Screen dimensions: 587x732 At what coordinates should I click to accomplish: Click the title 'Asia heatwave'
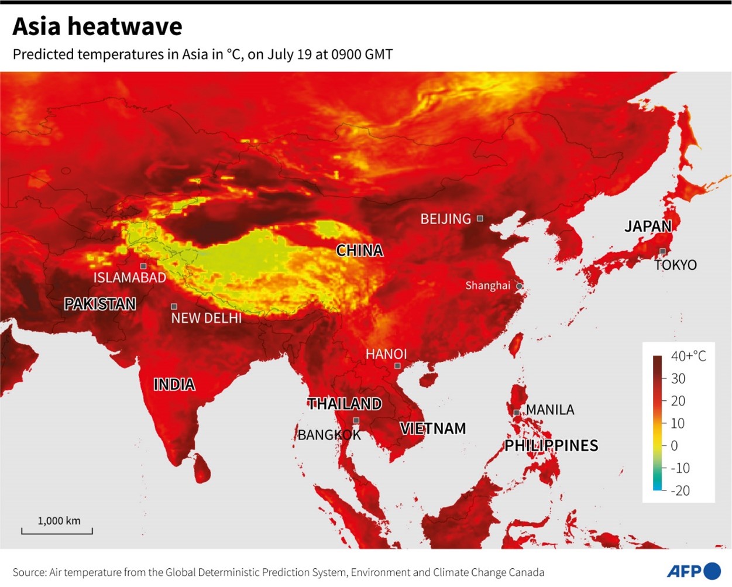click(x=97, y=27)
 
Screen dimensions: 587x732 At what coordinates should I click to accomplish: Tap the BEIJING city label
click(x=445, y=219)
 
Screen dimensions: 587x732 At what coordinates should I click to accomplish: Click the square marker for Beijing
click(x=480, y=218)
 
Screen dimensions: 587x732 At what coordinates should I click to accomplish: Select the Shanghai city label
click(x=487, y=286)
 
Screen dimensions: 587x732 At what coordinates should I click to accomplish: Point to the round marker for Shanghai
click(x=519, y=286)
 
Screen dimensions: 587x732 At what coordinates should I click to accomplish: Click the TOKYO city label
click(x=676, y=265)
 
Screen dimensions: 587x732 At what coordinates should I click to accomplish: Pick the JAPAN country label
click(x=648, y=226)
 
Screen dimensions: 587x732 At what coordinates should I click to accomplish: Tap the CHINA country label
click(x=359, y=250)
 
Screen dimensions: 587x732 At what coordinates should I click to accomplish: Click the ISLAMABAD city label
click(x=130, y=277)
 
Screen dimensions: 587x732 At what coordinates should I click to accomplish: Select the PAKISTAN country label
click(x=100, y=304)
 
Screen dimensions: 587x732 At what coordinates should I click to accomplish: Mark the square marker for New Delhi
click(x=174, y=306)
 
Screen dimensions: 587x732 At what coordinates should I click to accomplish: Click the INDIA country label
click(x=174, y=385)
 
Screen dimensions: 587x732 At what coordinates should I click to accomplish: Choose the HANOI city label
click(x=386, y=354)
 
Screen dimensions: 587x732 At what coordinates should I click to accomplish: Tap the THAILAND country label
click(x=345, y=404)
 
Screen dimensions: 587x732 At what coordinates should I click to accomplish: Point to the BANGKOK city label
click(x=329, y=435)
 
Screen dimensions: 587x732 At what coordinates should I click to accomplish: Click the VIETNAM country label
click(x=433, y=428)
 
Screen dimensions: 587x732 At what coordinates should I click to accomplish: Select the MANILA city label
click(x=550, y=410)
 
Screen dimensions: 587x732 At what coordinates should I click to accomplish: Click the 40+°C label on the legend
click(x=688, y=356)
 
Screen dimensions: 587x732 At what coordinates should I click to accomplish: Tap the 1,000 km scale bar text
click(x=59, y=521)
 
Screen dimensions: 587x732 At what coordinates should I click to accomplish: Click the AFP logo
click(x=693, y=571)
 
